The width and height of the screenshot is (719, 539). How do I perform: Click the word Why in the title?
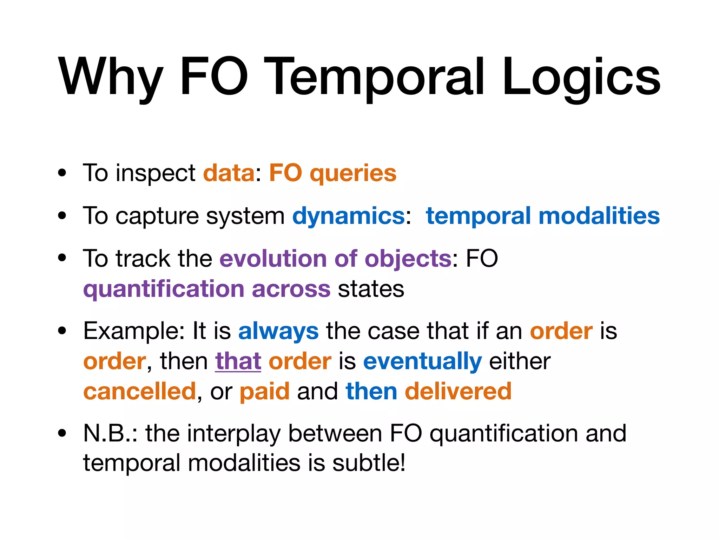[110, 77]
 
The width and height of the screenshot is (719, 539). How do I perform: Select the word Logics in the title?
[581, 77]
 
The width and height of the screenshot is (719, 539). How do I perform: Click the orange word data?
[229, 173]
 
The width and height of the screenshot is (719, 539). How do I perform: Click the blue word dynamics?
[349, 216]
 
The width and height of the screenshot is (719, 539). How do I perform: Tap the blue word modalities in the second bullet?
[599, 215]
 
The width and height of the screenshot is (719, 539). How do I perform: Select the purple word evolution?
[273, 259]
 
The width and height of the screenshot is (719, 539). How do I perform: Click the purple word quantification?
[163, 289]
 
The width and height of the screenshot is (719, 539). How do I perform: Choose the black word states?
[371, 289]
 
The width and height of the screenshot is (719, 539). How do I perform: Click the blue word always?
[278, 331]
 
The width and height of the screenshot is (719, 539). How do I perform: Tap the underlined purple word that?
[238, 361]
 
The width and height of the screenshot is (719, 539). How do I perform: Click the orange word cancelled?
[139, 391]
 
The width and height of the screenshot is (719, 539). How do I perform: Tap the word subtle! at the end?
[369, 463]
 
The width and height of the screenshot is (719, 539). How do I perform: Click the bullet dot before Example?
[62, 331]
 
